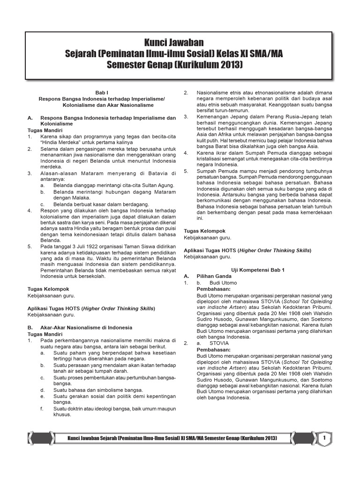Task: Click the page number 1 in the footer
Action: (x=324, y=438)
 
